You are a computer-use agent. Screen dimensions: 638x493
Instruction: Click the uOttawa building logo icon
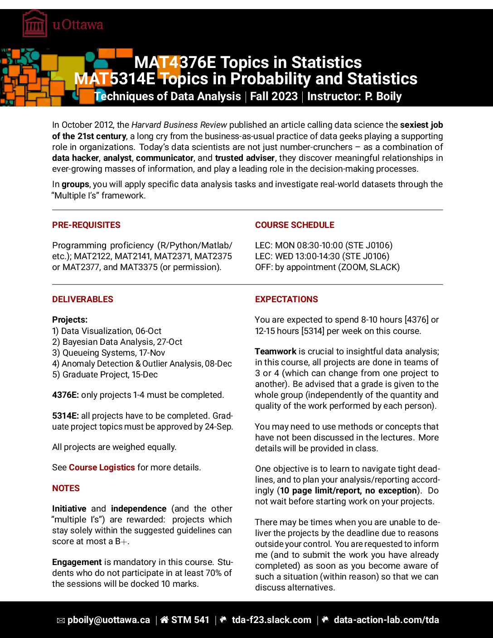pyautogui.click(x=35, y=24)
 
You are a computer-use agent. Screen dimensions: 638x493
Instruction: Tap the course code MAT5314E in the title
pyautogui.click(x=114, y=79)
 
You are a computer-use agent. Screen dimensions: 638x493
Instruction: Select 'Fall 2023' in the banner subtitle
pyautogui.click(x=274, y=97)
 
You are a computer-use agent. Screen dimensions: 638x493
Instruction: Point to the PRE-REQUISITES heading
pyautogui.click(x=86, y=225)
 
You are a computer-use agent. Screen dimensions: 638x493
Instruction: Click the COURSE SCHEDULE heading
pyautogui.click(x=295, y=225)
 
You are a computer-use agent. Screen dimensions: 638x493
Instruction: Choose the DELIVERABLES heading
pyautogui.click(x=82, y=300)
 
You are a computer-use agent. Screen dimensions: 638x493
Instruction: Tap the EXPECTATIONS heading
pyautogui.click(x=286, y=300)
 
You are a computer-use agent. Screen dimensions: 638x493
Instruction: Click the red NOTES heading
pyautogui.click(x=66, y=488)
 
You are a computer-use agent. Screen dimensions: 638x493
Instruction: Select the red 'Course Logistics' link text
pyautogui.click(x=102, y=468)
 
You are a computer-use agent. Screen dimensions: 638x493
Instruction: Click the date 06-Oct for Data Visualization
pyautogui.click(x=148, y=331)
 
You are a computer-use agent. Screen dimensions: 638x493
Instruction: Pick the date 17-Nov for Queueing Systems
pyautogui.click(x=152, y=353)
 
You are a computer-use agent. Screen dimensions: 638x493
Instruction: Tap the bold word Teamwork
pyautogui.click(x=275, y=352)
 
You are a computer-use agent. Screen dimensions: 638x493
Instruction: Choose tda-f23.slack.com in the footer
pyautogui.click(x=271, y=620)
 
